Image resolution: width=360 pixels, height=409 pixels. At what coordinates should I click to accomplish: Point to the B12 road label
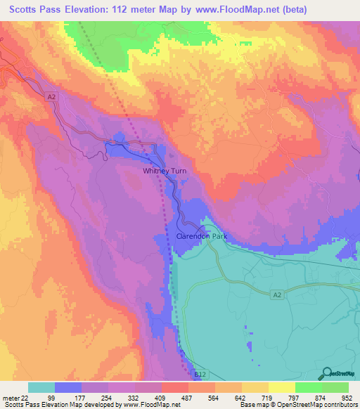pyautogui.click(x=200, y=377)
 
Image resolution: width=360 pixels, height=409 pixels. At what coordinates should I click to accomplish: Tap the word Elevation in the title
pyautogui.click(x=91, y=10)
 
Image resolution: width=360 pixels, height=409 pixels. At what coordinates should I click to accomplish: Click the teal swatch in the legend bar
pyautogui.click(x=41, y=387)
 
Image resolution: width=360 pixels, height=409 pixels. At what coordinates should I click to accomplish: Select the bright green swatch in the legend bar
pyautogui.click(x=308, y=387)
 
